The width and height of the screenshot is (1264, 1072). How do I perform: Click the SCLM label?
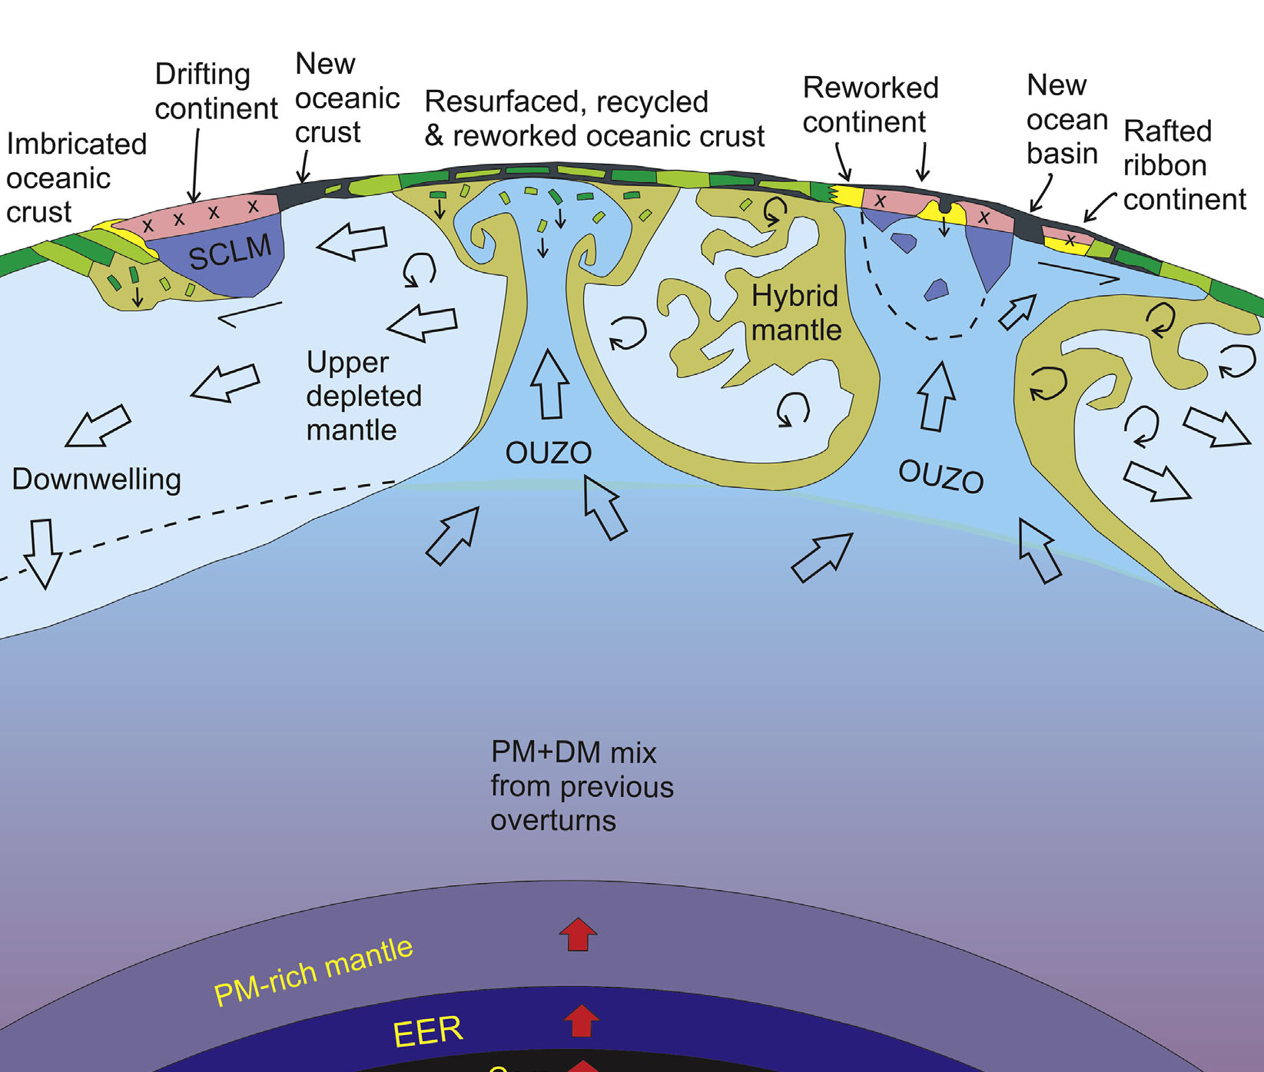pyautogui.click(x=230, y=252)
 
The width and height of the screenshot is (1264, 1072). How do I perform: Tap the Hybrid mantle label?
pyautogui.click(x=795, y=313)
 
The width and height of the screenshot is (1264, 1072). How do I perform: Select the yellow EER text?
pyautogui.click(x=428, y=1031)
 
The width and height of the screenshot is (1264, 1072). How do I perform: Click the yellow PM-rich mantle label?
pyautogui.click(x=314, y=971)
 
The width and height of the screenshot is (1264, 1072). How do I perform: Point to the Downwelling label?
pyautogui.click(x=97, y=479)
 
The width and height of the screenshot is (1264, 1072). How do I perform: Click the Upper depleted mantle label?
pyautogui.click(x=363, y=396)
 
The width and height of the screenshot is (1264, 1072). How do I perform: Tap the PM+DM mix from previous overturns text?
pyautogui.click(x=582, y=786)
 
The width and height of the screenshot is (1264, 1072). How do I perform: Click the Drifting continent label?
pyautogui.click(x=215, y=91)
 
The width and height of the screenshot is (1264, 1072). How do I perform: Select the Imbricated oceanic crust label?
pyautogui.click(x=76, y=178)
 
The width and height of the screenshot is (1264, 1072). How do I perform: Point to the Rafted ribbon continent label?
pyautogui.click(x=1183, y=165)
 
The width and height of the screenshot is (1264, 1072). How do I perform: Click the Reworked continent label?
pyautogui.click(x=870, y=105)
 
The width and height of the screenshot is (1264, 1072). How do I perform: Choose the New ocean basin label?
pyautogui.click(x=1067, y=119)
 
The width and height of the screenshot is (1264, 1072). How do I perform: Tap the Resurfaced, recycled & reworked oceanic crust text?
pyautogui.click(x=594, y=118)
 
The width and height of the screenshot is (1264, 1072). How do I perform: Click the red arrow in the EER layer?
pyautogui.click(x=581, y=1021)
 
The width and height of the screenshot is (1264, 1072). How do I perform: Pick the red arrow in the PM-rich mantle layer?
pyautogui.click(x=578, y=934)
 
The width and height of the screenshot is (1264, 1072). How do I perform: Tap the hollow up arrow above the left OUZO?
pyautogui.click(x=550, y=384)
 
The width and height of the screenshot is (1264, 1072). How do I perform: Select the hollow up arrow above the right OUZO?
pyautogui.click(x=937, y=397)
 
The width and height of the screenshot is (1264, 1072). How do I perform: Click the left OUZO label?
pyautogui.click(x=548, y=453)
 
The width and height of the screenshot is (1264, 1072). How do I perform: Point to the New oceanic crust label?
pyautogui.click(x=347, y=98)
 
